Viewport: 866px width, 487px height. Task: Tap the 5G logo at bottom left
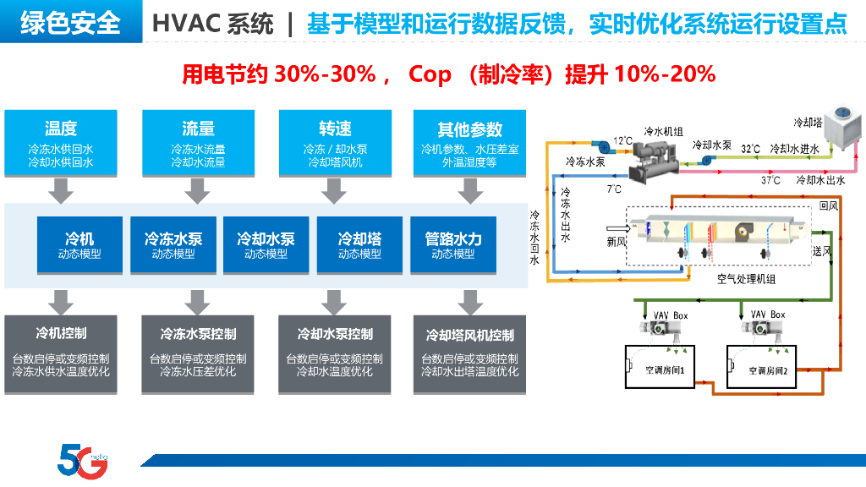(x=81, y=460)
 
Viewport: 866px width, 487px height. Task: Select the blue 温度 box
(x=61, y=142)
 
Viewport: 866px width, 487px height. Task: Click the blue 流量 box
(x=198, y=142)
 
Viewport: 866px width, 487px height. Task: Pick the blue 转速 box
(x=335, y=142)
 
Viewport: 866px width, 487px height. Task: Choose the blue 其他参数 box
(x=470, y=142)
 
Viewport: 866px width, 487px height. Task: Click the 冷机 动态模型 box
(x=79, y=245)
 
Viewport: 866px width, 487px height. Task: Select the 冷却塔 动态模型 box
(x=359, y=245)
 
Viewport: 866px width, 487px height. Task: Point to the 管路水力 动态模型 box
(x=453, y=245)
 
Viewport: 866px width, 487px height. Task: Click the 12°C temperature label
(x=622, y=140)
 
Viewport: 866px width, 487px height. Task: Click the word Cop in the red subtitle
(x=430, y=74)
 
